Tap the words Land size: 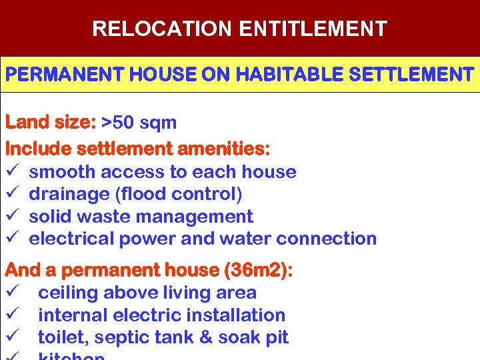51,123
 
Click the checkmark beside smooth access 11,172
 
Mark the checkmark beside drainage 11,194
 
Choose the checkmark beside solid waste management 11,217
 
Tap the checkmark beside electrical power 11,239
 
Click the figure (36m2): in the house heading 259,271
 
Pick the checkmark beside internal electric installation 11,315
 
